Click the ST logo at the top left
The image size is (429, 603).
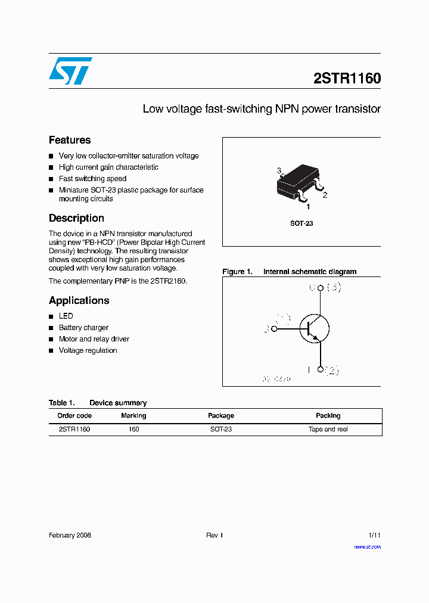click(70, 71)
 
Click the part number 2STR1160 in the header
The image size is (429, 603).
click(347, 79)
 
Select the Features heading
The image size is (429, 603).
click(70, 140)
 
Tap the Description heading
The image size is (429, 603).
click(76, 218)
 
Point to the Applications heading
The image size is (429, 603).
click(79, 300)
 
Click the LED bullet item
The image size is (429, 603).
click(66, 316)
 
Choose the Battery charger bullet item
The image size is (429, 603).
click(83, 328)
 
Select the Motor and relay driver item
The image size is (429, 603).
click(94, 339)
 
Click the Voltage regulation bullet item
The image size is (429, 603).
click(88, 350)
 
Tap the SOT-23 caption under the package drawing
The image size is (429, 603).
click(301, 223)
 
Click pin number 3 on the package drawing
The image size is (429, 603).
click(279, 171)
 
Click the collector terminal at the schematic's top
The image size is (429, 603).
click(320, 288)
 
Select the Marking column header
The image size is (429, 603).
click(133, 415)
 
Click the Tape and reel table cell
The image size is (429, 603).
click(328, 429)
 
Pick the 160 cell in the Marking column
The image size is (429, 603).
click(133, 429)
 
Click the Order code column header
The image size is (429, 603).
click(74, 415)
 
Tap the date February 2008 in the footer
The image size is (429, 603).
click(70, 535)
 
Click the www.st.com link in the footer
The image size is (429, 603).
click(367, 546)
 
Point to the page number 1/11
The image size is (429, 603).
click(374, 535)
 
